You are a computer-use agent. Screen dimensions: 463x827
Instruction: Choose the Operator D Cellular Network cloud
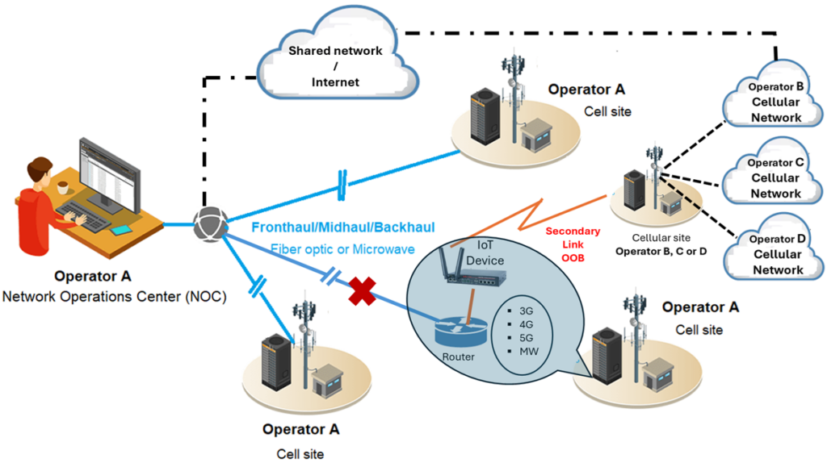click(x=775, y=254)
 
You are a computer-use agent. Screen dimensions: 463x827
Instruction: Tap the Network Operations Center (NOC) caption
click(x=115, y=296)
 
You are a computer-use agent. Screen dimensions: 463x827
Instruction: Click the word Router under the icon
click(x=458, y=356)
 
